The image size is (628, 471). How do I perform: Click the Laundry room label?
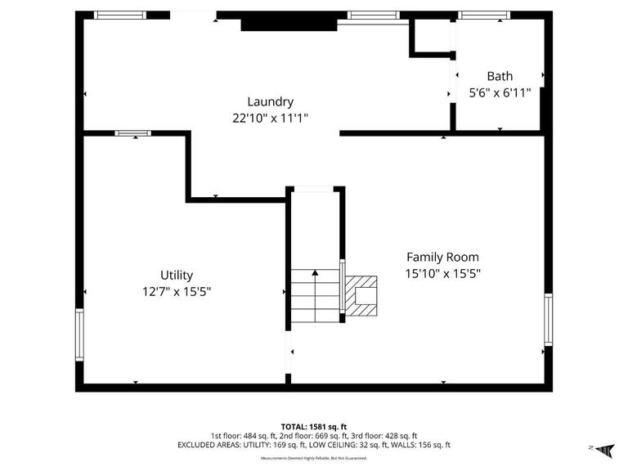point(270,101)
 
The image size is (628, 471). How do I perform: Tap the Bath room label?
point(500,76)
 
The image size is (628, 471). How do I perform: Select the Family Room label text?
point(442,257)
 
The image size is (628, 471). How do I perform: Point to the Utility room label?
point(176,276)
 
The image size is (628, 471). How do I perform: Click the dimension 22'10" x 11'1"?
point(270,118)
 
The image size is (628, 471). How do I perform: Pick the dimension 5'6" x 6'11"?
point(500,92)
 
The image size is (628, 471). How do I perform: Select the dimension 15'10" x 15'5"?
point(442,274)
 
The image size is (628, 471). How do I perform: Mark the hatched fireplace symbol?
point(361,296)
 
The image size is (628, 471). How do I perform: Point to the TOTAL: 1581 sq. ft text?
point(314,426)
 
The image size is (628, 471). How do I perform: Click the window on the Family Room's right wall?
point(548,319)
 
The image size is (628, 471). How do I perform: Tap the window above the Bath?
point(483,15)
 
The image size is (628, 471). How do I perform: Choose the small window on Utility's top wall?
point(132,132)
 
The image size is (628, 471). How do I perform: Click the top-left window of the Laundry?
point(119,15)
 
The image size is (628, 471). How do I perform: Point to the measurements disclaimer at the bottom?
point(314,458)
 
